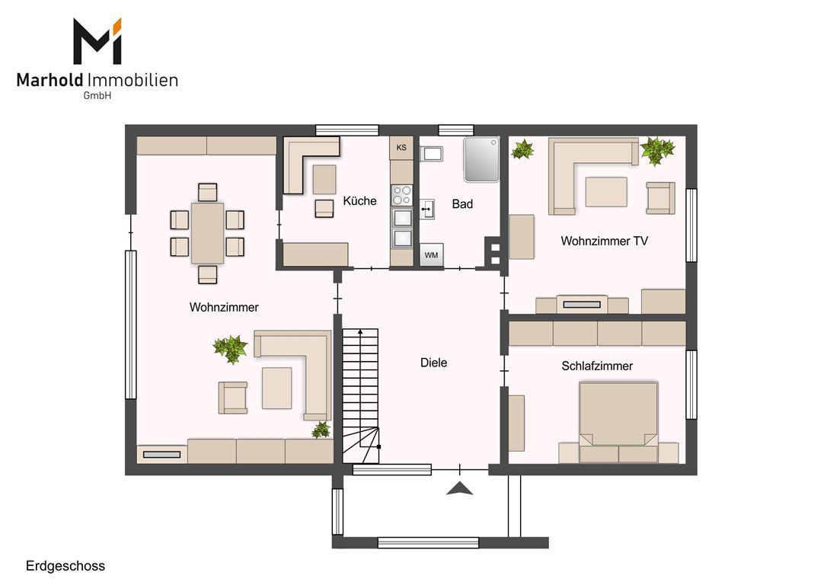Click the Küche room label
click(359, 201)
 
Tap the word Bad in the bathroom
click(462, 204)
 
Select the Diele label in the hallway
click(433, 363)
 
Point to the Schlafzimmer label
click(597, 366)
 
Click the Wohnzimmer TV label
click(605, 241)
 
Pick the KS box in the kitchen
click(401, 148)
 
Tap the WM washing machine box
click(432, 255)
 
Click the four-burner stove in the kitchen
click(402, 195)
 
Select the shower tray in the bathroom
click(481, 159)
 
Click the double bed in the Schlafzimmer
click(618, 422)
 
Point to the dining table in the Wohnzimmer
click(207, 233)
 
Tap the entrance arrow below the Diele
click(460, 489)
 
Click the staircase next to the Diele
click(361, 395)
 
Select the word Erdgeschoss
click(65, 566)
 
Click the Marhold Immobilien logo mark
click(97, 41)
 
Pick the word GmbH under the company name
click(97, 96)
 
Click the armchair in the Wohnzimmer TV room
click(661, 198)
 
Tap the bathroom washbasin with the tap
click(427, 209)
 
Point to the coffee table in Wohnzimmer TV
click(606, 192)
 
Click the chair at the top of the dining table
click(208, 192)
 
